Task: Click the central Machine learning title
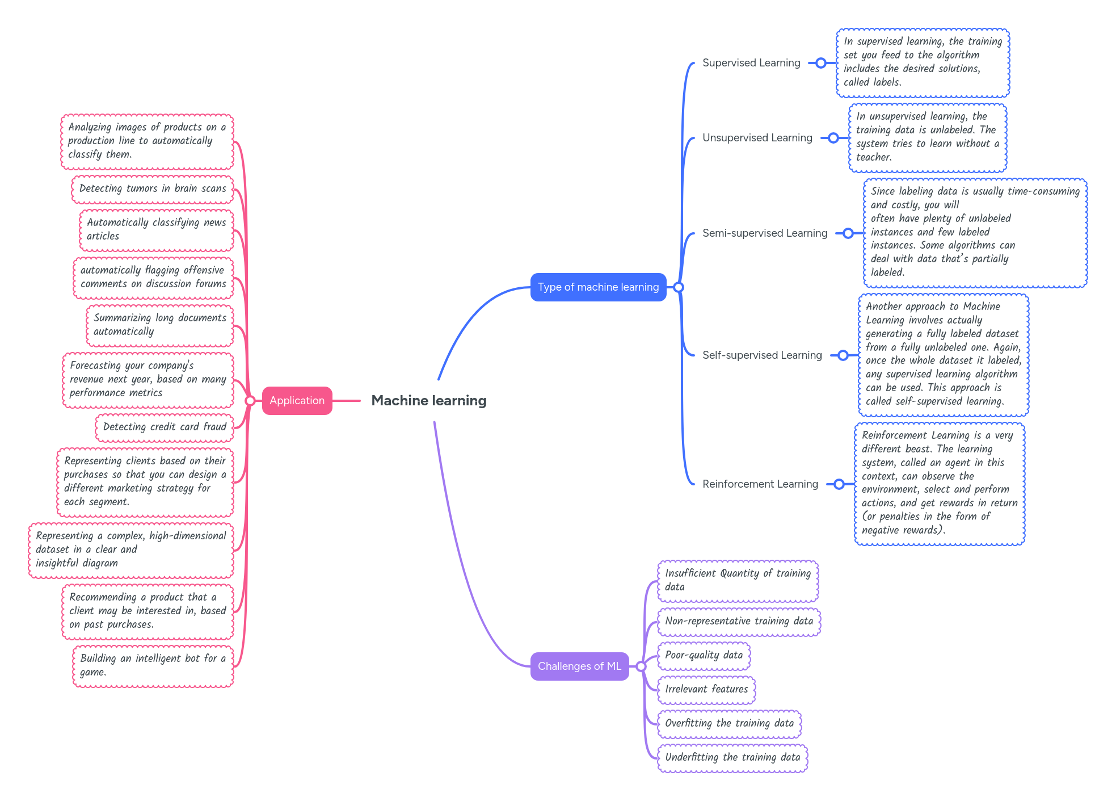tap(429, 401)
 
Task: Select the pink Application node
tap(297, 401)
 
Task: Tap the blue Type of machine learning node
tap(598, 287)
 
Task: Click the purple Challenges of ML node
tap(579, 666)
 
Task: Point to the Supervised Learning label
tap(751, 63)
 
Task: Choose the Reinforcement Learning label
tap(760, 484)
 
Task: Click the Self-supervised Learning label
tap(762, 355)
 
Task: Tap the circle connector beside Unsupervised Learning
tap(833, 138)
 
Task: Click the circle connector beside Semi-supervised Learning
tap(848, 233)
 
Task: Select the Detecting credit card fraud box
tap(165, 427)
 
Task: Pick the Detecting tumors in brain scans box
tap(153, 188)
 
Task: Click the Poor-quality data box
tap(704, 655)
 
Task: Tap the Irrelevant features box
tap(706, 689)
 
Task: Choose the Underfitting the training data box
tap(732, 757)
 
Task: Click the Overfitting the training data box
tap(729, 723)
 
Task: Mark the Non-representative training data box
tap(739, 621)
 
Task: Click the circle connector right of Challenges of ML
tap(641, 666)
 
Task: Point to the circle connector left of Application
tap(250, 401)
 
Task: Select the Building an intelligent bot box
tap(153, 665)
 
